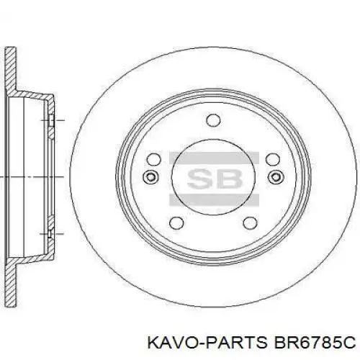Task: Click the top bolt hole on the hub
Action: click(212, 121)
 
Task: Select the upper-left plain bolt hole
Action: click(152, 160)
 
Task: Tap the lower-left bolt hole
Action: click(176, 225)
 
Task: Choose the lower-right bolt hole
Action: click(248, 225)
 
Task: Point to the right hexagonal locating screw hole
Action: click(274, 177)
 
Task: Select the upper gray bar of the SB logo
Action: click(212, 156)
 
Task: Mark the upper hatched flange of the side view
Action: click(11, 72)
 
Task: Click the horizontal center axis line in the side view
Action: click(29, 176)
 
